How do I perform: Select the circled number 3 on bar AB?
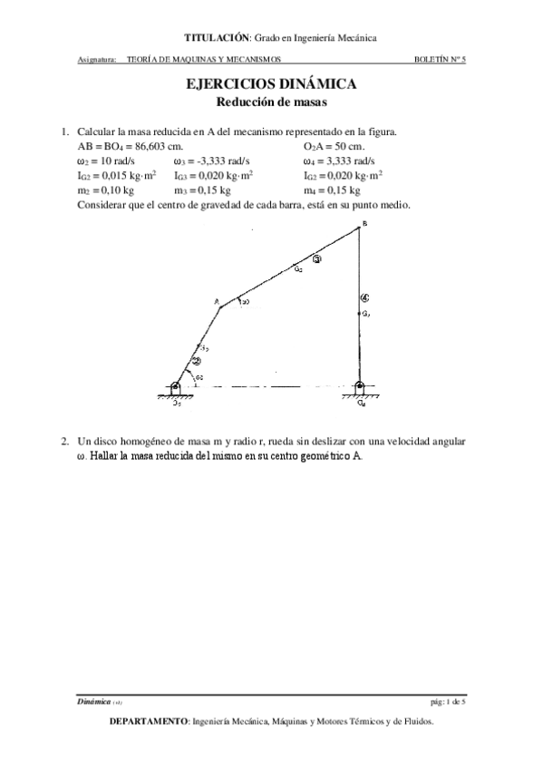(x=316, y=259)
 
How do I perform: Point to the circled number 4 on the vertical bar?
(x=364, y=297)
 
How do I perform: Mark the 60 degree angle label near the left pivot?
(x=199, y=376)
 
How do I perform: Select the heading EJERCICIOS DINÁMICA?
(x=270, y=84)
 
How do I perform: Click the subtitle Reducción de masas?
(x=270, y=102)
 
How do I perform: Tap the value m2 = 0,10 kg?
(x=106, y=190)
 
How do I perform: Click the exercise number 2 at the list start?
(x=65, y=442)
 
